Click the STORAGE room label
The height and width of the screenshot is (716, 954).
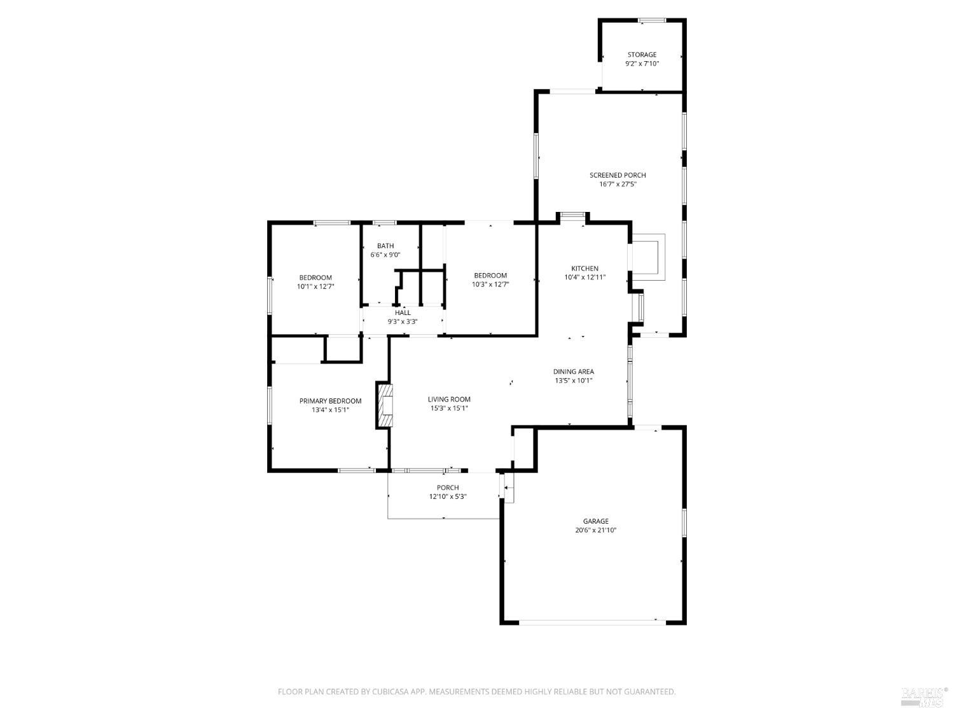[x=642, y=55]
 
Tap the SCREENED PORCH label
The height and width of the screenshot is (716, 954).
[x=618, y=175]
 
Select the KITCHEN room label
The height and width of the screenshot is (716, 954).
[x=584, y=269]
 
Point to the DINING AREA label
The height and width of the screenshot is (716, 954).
[x=573, y=372]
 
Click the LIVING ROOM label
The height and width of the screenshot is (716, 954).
[x=449, y=400]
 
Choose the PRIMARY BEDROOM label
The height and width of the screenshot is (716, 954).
[x=330, y=401]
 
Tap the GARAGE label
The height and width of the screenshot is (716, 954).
[x=596, y=521]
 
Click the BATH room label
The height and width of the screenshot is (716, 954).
[x=385, y=246]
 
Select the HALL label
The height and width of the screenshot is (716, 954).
[x=403, y=312]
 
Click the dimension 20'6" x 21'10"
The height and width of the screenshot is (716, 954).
[x=596, y=530]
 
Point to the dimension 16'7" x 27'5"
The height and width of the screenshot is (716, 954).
[x=618, y=185]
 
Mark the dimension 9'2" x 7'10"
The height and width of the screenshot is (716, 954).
[x=642, y=64]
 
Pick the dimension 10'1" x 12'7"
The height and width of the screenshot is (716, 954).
[x=315, y=286]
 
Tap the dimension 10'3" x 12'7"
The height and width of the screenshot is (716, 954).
[x=490, y=284]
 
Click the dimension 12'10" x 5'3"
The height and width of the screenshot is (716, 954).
[x=448, y=496]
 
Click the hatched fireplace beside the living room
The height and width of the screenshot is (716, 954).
[x=385, y=405]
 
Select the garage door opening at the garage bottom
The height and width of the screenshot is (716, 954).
[x=593, y=621]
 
